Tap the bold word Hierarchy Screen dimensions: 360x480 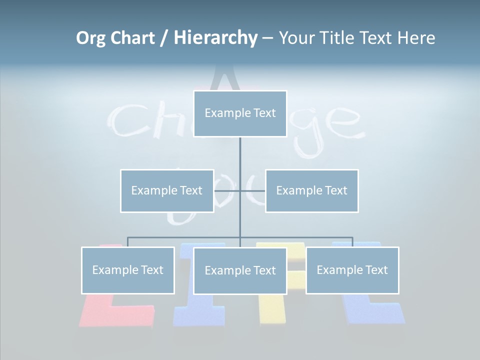[215, 38]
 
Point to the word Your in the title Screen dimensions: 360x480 [296, 38]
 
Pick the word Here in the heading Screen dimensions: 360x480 [416, 38]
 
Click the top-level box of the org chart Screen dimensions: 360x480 [240, 113]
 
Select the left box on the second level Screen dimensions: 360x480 [167, 190]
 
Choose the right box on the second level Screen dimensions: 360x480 [312, 190]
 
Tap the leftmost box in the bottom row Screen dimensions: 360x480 [128, 270]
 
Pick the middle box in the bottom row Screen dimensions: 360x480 [240, 270]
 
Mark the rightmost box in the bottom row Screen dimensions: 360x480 [352, 270]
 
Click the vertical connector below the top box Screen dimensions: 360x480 [240, 155]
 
